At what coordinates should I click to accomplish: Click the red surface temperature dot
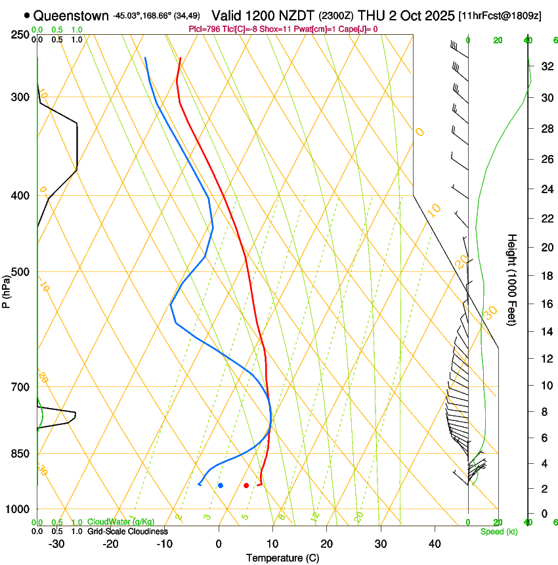(x=246, y=486)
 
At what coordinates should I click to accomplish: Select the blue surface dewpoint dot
(x=221, y=486)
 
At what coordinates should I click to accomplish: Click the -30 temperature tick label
(x=56, y=544)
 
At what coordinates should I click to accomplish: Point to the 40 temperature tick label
(x=434, y=544)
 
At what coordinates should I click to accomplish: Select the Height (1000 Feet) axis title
(x=512, y=280)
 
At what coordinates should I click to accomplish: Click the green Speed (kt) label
(x=498, y=531)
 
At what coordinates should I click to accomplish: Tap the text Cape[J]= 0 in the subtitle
(x=357, y=29)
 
